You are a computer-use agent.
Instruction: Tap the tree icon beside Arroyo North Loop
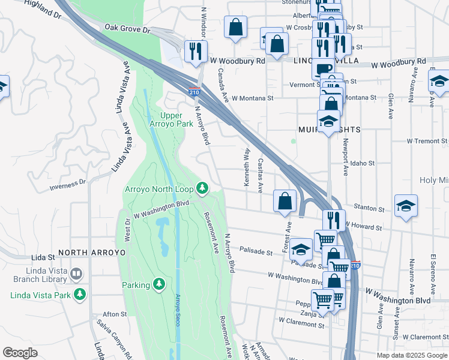(202, 188)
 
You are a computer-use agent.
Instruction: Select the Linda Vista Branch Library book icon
(76, 275)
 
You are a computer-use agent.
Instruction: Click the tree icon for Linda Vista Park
(79, 295)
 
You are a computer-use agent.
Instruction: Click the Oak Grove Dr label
(127, 28)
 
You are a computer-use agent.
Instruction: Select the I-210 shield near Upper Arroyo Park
(194, 91)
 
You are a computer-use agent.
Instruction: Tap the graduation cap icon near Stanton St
(406, 205)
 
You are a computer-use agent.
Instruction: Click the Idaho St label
(363, 163)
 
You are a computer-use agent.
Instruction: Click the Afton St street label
(115, 314)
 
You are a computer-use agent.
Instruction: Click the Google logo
(20, 353)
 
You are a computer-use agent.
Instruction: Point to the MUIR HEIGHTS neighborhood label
(330, 130)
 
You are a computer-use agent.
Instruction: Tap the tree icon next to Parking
(158, 284)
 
